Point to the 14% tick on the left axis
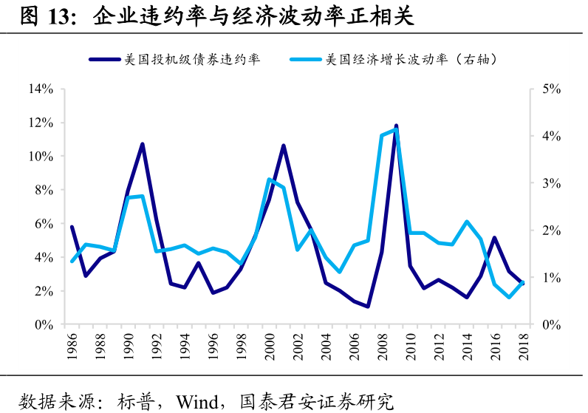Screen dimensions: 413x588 point(41,89)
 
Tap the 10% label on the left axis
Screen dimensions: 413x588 point(41,157)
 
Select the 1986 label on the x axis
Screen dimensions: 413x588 point(72,346)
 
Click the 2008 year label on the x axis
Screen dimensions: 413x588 point(383,346)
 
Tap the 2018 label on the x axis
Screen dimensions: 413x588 point(524,346)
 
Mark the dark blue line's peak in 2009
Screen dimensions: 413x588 point(397,126)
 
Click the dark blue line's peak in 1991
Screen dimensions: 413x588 point(143,144)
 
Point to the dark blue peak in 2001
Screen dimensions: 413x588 point(284,146)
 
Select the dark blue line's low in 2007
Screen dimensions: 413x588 point(368,307)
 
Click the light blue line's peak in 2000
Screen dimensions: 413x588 point(270,180)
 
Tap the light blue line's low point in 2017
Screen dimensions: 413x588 point(509,297)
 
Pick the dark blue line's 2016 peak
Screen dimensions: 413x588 point(495,238)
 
